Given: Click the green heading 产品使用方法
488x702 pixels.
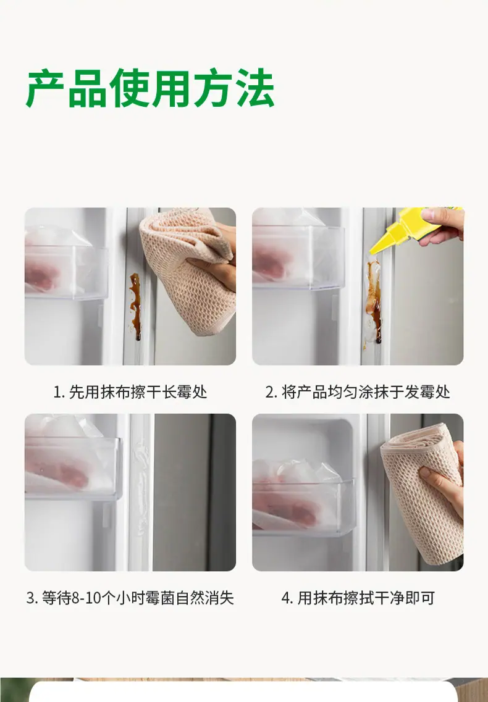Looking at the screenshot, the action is pyautogui.click(x=150, y=88).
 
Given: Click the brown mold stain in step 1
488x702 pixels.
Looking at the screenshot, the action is pyautogui.click(x=135, y=306).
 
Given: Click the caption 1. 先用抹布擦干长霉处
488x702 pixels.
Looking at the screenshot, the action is pyautogui.click(x=130, y=391).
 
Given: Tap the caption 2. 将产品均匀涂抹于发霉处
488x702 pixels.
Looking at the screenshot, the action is pyautogui.click(x=357, y=391).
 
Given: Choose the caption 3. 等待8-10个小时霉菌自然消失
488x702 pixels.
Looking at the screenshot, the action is pyautogui.click(x=130, y=598).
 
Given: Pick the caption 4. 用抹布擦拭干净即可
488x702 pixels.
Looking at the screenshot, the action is pyautogui.click(x=358, y=598).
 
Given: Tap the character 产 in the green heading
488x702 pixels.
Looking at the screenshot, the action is pyautogui.click(x=46, y=88).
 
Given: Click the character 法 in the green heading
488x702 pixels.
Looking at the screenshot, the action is pyautogui.click(x=254, y=88).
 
